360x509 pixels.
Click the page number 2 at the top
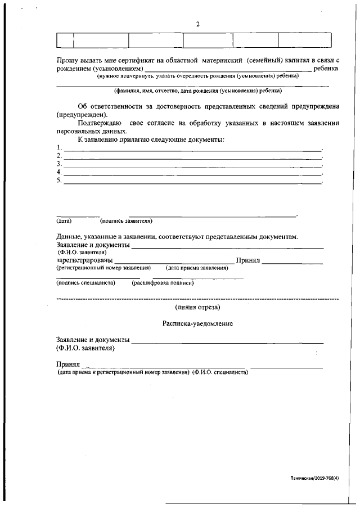[x=197, y=24]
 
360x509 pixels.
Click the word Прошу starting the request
[x=67, y=60]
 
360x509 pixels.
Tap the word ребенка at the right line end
[x=326, y=67]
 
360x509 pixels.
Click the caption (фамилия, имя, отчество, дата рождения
[x=197, y=91]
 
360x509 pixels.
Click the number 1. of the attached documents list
[x=59, y=148]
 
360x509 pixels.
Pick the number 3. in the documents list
[x=59, y=164]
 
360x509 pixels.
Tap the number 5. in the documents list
[x=59, y=180]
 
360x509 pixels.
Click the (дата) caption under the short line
[x=64, y=221]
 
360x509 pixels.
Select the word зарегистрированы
[x=84, y=260]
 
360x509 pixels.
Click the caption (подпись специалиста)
[x=85, y=283]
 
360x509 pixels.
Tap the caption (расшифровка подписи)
[x=163, y=283]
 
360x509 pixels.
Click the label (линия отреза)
[x=197, y=307]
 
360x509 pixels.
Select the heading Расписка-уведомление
[x=197, y=324]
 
